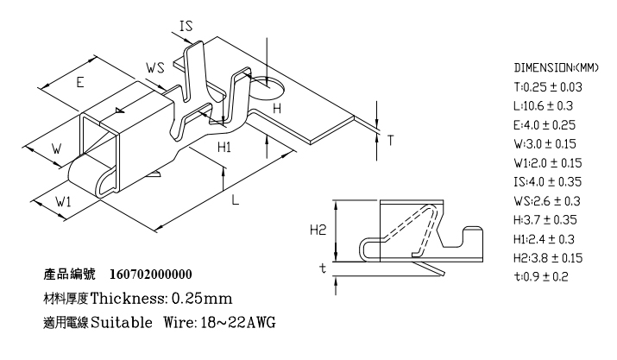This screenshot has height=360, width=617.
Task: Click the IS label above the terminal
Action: pyautogui.click(x=186, y=26)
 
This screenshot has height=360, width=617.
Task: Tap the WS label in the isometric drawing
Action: pyautogui.click(x=155, y=67)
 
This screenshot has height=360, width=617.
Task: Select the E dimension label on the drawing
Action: pyautogui.click(x=80, y=82)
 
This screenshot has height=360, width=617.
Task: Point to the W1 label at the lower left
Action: pyautogui.click(x=63, y=202)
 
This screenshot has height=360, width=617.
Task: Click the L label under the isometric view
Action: pyautogui.click(x=235, y=200)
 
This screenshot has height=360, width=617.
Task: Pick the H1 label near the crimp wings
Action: pyautogui.click(x=224, y=148)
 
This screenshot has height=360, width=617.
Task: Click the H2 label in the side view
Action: pyautogui.click(x=318, y=230)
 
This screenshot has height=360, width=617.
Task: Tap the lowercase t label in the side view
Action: pyautogui.click(x=323, y=268)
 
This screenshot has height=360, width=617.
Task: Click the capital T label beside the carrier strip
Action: pyautogui.click(x=390, y=140)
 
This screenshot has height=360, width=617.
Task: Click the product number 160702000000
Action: pyautogui.click(x=151, y=275)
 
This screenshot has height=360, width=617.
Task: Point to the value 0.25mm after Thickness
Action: pyautogui.click(x=202, y=298)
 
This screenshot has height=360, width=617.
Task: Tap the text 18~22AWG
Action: pyautogui.click(x=238, y=323)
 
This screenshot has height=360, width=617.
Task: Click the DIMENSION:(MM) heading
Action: pyautogui.click(x=556, y=67)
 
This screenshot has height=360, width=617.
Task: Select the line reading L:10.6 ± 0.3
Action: pyautogui.click(x=543, y=106)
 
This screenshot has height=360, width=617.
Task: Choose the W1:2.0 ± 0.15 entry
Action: pyautogui.click(x=547, y=162)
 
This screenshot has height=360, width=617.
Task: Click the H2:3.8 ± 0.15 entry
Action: pyautogui.click(x=548, y=258)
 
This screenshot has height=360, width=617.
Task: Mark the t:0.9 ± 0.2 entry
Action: pyautogui.click(x=541, y=276)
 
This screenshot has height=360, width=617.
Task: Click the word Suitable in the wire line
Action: pyautogui.click(x=122, y=323)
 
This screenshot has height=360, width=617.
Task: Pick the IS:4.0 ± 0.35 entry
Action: pyautogui.click(x=547, y=181)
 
